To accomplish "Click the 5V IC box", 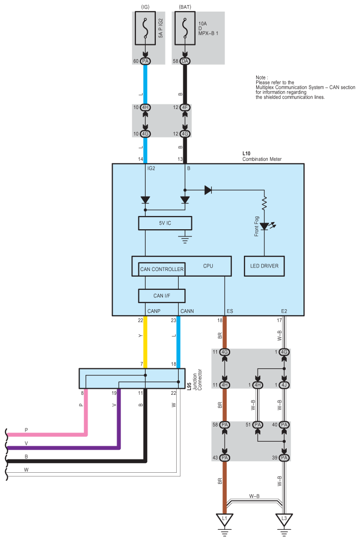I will (165, 223).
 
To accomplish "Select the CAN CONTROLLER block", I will (161, 269).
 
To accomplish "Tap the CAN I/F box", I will (161, 295).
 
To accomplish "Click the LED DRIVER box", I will (264, 266).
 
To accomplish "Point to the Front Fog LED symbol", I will (264, 226).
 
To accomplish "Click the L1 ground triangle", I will (224, 520).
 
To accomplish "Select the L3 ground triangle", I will (284, 520).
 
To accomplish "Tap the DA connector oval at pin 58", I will (184, 61).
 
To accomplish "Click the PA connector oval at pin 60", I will (146, 61).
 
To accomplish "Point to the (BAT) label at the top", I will (184, 6).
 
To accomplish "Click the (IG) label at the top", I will (146, 6).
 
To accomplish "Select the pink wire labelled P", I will (51, 435).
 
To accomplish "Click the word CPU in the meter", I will (208, 266).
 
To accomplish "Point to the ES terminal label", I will (230, 310).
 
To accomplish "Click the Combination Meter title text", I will (262, 159).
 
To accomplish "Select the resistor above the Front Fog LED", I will (264, 204).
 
